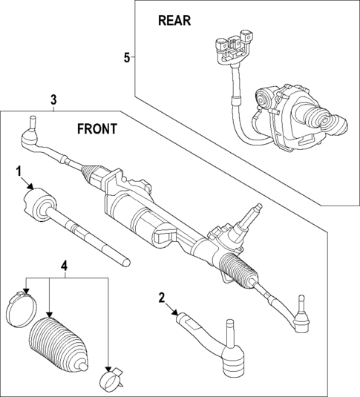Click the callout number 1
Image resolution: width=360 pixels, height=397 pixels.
coord(18,172)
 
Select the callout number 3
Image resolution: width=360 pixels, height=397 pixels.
coord(53,99)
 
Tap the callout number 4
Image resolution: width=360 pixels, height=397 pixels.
coord(65,265)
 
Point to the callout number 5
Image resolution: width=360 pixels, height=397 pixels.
coord(126,57)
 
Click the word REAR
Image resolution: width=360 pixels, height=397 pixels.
coord(174,21)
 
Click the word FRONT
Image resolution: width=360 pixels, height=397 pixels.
coord(96,128)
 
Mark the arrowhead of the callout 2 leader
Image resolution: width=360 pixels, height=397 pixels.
coord(177,315)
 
